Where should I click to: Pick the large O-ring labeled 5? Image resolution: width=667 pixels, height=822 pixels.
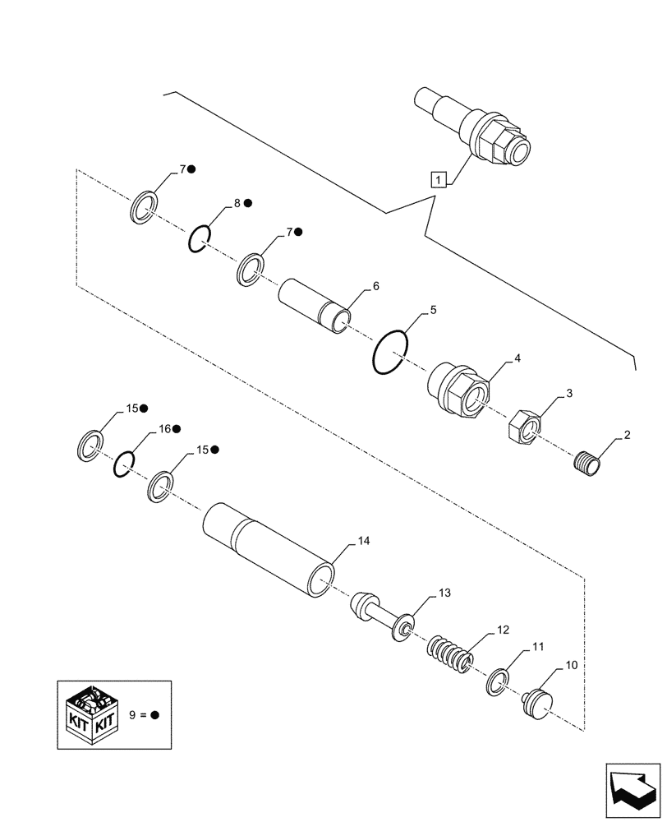[x=389, y=352]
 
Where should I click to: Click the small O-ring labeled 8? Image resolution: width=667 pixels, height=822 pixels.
[x=199, y=237]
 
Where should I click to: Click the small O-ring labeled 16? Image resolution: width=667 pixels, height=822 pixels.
[x=123, y=464]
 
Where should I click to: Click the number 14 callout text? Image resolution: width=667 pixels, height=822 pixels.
[x=364, y=543]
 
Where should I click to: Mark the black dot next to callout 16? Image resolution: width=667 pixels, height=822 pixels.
[x=177, y=429]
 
